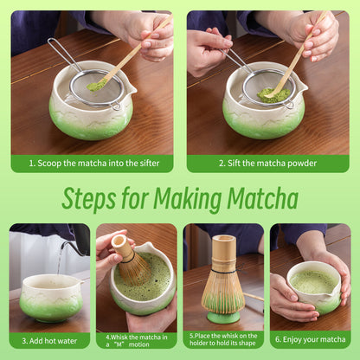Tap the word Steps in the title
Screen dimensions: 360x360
(92, 199)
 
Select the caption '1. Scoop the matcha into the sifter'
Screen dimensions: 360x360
(92, 163)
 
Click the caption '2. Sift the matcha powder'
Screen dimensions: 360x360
(268, 163)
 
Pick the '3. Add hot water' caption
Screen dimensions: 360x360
(49, 340)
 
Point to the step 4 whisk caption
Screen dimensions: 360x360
(136, 339)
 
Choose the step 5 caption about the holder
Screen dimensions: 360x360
(223, 339)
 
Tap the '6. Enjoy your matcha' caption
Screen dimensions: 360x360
(311, 340)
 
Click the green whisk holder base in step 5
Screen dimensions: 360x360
(223, 317)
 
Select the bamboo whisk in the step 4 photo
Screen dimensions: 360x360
(132, 261)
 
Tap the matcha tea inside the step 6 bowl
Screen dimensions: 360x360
(313, 282)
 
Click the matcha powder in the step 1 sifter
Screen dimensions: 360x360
(96, 86)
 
